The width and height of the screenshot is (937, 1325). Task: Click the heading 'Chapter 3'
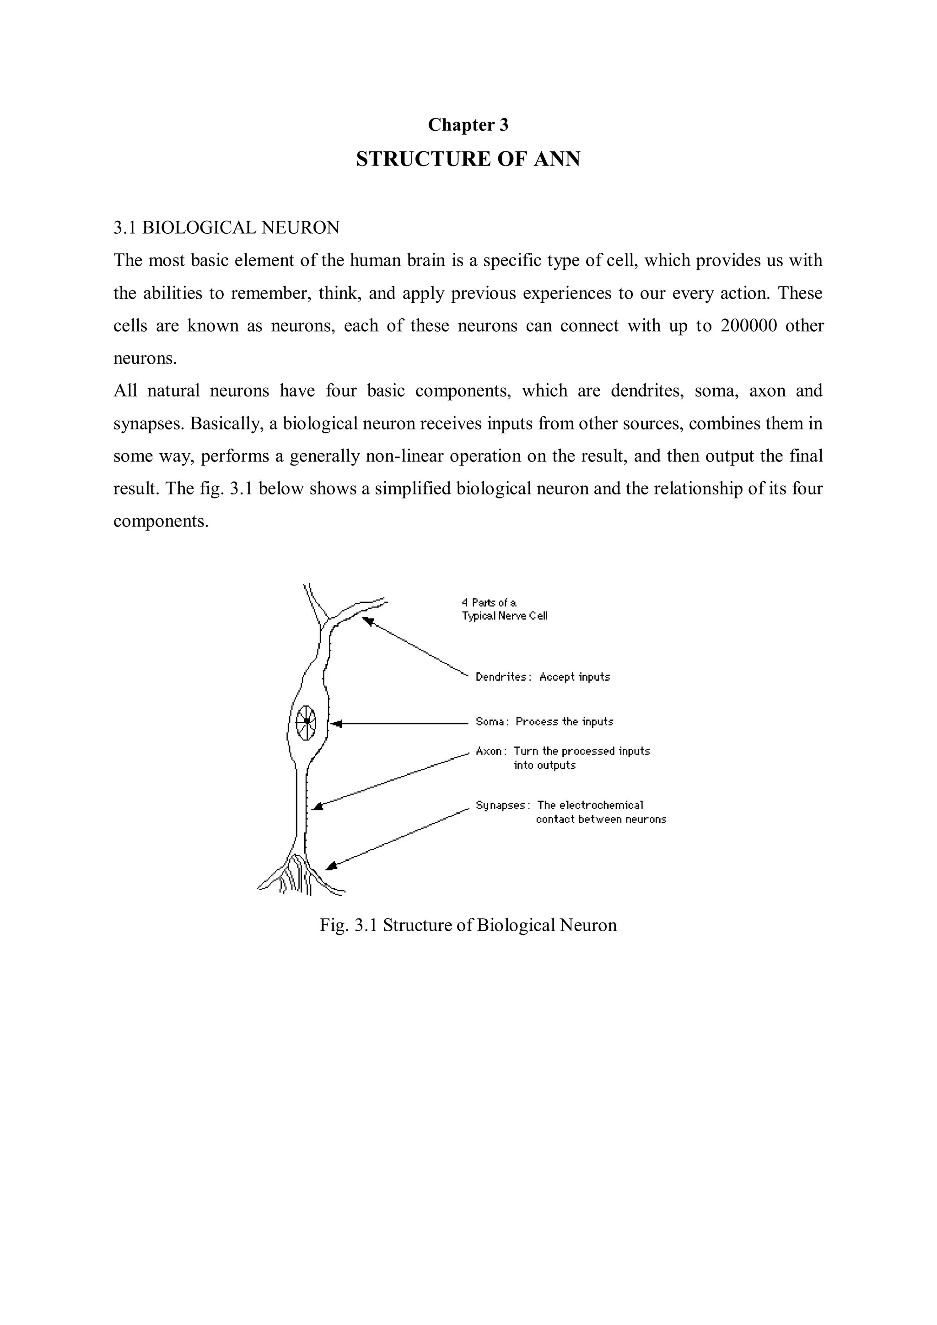click(x=468, y=125)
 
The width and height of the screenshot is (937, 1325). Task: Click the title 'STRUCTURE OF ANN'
click(x=468, y=159)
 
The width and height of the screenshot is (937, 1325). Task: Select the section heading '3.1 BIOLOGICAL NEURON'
click(x=226, y=228)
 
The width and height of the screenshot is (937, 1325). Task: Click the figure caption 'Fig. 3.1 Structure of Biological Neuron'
click(x=468, y=925)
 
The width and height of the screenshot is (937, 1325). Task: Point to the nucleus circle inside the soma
click(x=306, y=721)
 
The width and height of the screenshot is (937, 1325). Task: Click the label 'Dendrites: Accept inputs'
click(x=542, y=677)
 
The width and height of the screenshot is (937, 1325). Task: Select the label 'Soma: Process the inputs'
click(x=544, y=722)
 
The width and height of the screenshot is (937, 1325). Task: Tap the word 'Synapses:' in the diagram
click(x=500, y=805)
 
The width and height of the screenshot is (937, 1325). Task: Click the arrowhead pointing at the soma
click(x=338, y=723)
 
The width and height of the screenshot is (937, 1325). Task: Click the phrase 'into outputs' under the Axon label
click(x=544, y=766)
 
